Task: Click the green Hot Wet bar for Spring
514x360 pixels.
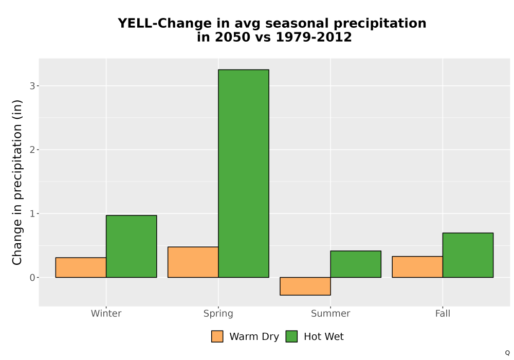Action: pyautogui.click(x=244, y=173)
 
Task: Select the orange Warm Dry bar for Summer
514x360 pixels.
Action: pyautogui.click(x=305, y=286)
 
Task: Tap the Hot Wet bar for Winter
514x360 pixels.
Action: pyautogui.click(x=132, y=246)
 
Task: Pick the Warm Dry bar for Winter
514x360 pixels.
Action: pyautogui.click(x=81, y=267)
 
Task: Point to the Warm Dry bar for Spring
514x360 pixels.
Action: pyautogui.click(x=193, y=262)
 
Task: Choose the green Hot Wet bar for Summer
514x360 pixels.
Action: pyautogui.click(x=356, y=264)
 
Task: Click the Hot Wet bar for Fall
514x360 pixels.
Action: pyautogui.click(x=468, y=255)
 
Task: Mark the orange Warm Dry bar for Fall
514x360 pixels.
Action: pyautogui.click(x=417, y=267)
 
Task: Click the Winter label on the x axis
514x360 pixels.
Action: pyautogui.click(x=106, y=313)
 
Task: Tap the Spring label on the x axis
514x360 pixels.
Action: pyautogui.click(x=218, y=314)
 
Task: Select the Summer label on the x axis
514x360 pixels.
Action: pyautogui.click(x=331, y=313)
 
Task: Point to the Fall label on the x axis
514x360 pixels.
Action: pyautogui.click(x=443, y=313)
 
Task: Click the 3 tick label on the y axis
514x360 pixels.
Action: pyautogui.click(x=32, y=86)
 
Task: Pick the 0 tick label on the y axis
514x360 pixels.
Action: pyautogui.click(x=32, y=278)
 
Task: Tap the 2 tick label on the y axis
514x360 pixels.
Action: pyautogui.click(x=32, y=150)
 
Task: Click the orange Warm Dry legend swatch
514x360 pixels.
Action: pyautogui.click(x=217, y=336)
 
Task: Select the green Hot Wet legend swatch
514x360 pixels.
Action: pyautogui.click(x=291, y=336)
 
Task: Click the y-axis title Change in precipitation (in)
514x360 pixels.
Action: pyautogui.click(x=17, y=182)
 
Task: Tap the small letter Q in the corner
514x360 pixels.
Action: pyautogui.click(x=507, y=353)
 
